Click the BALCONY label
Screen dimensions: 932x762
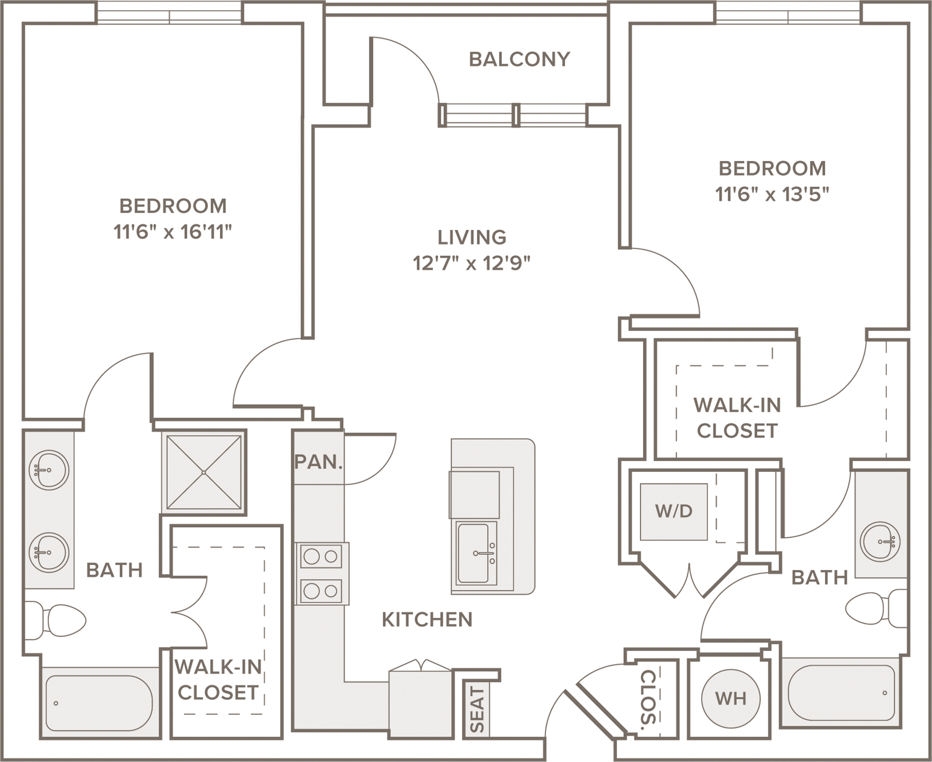[x=519, y=59]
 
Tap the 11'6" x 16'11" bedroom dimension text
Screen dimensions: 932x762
[x=173, y=232]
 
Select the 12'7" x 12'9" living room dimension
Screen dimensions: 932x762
[x=472, y=263]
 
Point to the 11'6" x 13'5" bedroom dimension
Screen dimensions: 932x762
[x=772, y=194]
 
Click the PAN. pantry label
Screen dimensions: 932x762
[x=319, y=462]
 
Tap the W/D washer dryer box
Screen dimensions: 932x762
[x=674, y=512]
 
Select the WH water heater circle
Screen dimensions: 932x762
[x=731, y=699]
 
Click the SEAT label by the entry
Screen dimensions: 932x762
[x=477, y=709]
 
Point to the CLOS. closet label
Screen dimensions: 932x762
[x=648, y=700]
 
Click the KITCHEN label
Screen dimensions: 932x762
[x=427, y=619]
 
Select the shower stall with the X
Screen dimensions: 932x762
[x=204, y=472]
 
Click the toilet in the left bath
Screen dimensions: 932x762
[x=55, y=621]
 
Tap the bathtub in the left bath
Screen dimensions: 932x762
[x=99, y=703]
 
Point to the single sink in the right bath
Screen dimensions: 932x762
[x=880, y=542]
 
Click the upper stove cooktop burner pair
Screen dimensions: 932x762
[x=321, y=556]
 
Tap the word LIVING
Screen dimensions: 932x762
[x=472, y=237]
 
